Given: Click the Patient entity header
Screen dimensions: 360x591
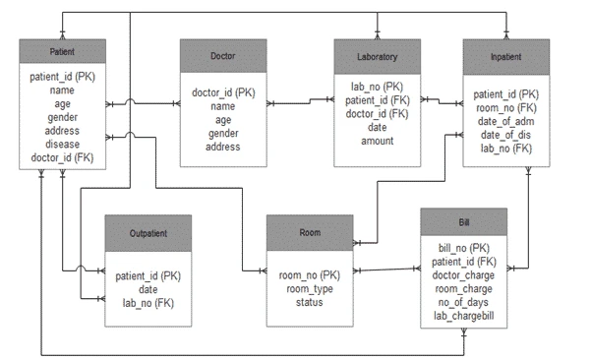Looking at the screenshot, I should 62,51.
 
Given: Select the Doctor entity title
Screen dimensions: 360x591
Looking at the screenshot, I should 223,56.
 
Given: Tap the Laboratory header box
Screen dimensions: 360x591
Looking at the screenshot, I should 377,56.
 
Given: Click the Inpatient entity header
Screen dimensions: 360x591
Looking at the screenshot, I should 506,56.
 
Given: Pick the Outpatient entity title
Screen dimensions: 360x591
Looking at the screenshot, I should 148,233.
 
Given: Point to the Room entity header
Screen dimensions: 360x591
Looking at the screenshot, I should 310,232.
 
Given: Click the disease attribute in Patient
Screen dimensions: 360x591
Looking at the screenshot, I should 62,144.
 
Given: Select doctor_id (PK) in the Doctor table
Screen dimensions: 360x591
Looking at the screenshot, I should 223,92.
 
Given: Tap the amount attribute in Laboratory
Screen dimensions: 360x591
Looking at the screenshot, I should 377,141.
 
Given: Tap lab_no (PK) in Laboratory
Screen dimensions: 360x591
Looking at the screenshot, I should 377,86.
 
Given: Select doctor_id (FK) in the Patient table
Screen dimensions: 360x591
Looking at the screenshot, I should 62,157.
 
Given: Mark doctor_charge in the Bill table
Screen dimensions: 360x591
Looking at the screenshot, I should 463,277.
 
